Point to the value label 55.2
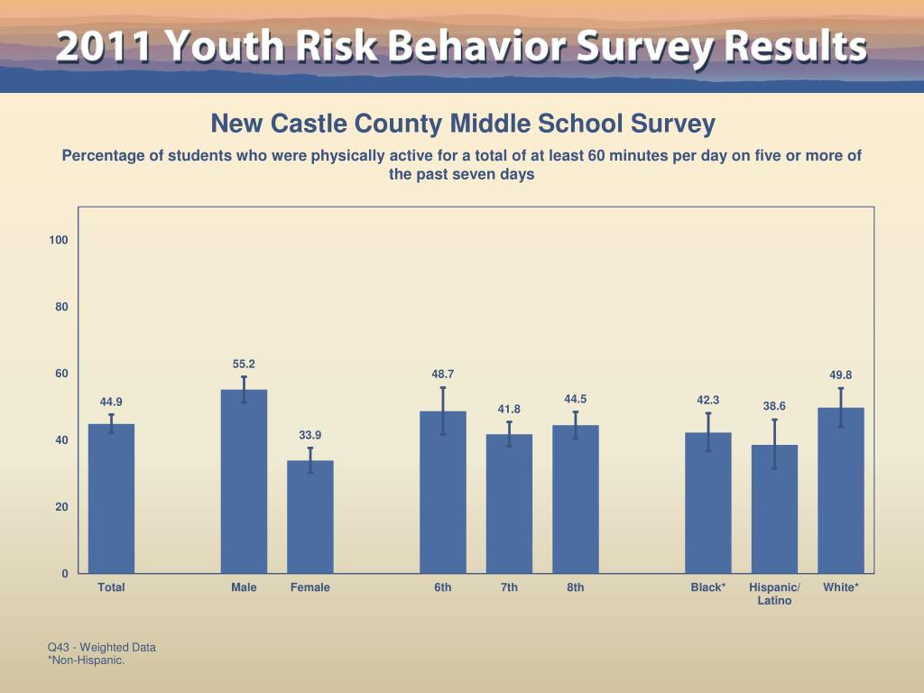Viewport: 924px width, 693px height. [x=244, y=364]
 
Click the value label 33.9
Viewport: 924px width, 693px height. [x=310, y=435]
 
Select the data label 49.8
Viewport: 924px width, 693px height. [x=841, y=375]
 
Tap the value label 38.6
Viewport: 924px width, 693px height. [x=774, y=406]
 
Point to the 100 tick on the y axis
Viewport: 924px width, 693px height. [x=59, y=240]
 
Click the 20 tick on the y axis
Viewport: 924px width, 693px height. [x=61, y=507]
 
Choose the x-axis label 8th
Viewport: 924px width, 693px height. [x=576, y=587]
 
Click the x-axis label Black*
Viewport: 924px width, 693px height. [x=708, y=587]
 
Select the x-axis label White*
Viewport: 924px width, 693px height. [x=841, y=587]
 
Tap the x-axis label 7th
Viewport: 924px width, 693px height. [x=509, y=587]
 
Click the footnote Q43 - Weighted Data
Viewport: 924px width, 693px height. [x=102, y=647]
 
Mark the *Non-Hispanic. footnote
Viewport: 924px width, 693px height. [x=86, y=661]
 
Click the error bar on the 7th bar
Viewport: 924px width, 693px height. [x=509, y=433]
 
